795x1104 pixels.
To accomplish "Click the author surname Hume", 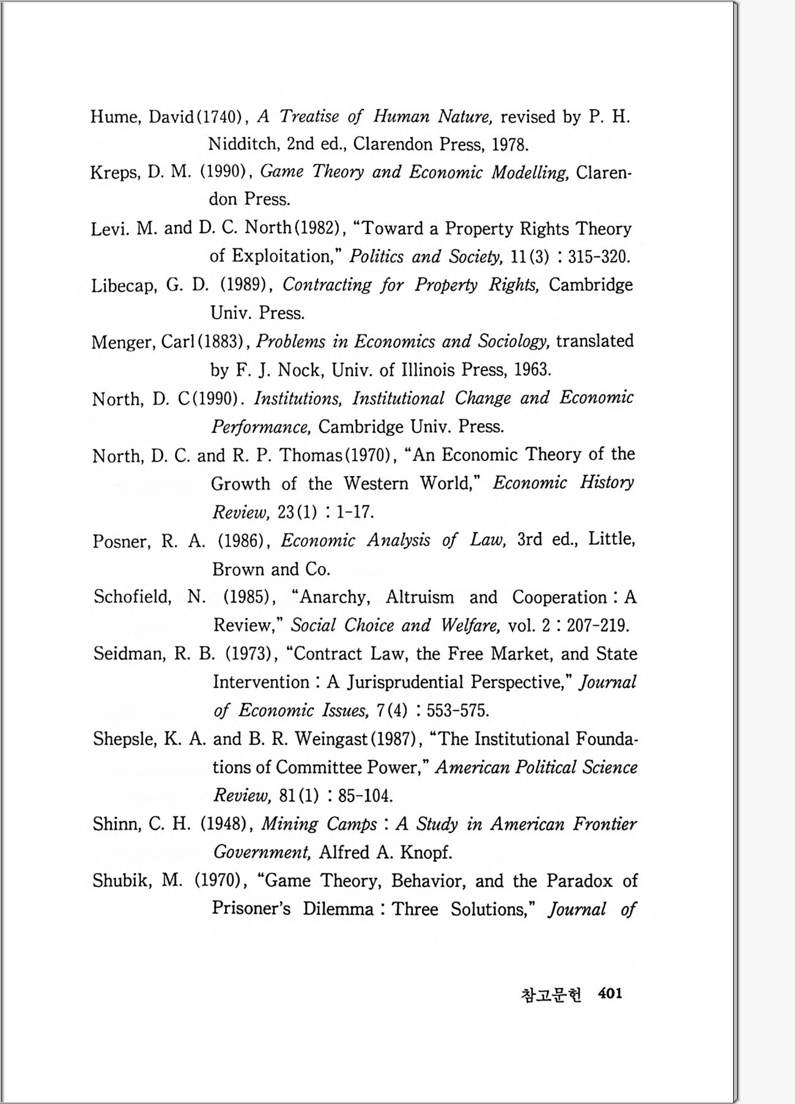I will (x=116, y=116).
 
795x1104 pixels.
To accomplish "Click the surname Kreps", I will (x=114, y=172).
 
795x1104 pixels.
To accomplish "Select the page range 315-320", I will (x=598, y=257).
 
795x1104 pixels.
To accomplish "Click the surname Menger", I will (x=123, y=342).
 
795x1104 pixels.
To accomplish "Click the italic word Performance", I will (x=261, y=427).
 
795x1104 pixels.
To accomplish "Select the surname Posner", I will (x=120, y=541).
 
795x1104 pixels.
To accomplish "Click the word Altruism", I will (x=420, y=597).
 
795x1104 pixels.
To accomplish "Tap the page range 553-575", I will (x=457, y=710).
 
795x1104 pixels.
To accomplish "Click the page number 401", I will (x=610, y=993).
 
